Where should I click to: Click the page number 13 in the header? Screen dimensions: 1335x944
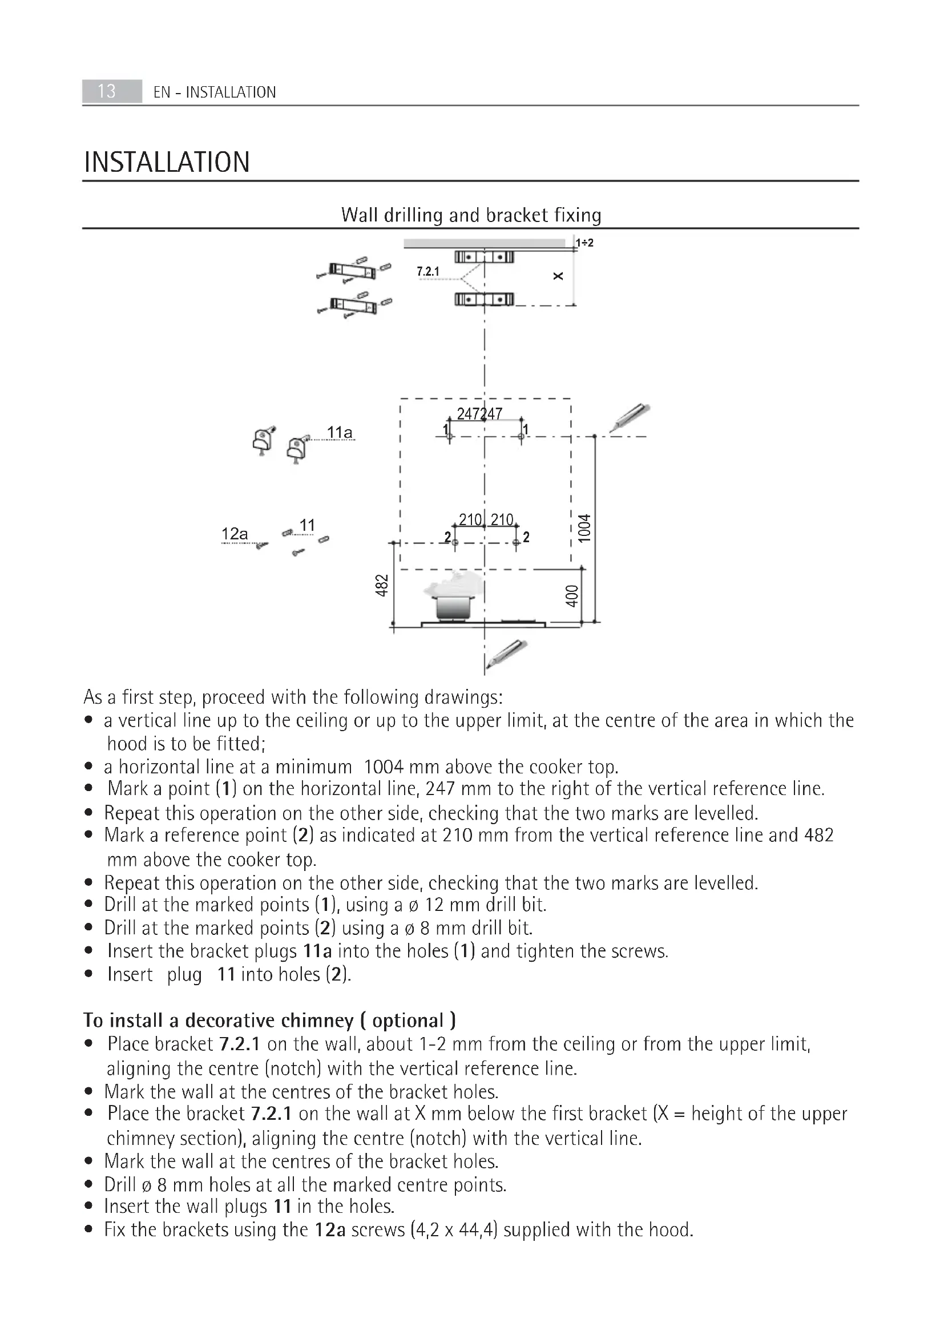[106, 91]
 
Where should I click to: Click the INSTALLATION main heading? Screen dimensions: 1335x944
[167, 162]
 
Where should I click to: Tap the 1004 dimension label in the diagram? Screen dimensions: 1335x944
[584, 528]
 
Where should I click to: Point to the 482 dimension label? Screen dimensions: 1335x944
[381, 585]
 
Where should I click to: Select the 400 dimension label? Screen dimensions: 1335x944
[572, 596]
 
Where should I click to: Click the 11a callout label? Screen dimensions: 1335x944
[340, 433]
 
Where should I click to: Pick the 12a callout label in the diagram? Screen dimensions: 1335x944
[235, 534]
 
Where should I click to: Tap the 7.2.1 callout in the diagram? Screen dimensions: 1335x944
[429, 272]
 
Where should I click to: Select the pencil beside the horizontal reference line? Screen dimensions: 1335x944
[630, 417]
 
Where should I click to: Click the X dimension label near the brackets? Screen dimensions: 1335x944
[558, 276]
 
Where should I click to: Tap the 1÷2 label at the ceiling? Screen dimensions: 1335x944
[585, 243]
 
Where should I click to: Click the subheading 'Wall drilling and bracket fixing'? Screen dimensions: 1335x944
[471, 215]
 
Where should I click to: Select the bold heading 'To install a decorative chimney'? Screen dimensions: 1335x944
[269, 1021]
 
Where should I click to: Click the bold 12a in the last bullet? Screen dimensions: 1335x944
[330, 1230]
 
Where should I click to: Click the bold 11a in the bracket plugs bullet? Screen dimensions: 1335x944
[317, 951]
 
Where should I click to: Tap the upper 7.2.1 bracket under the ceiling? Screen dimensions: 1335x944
[484, 257]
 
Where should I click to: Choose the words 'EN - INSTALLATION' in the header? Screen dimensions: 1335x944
[215, 92]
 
